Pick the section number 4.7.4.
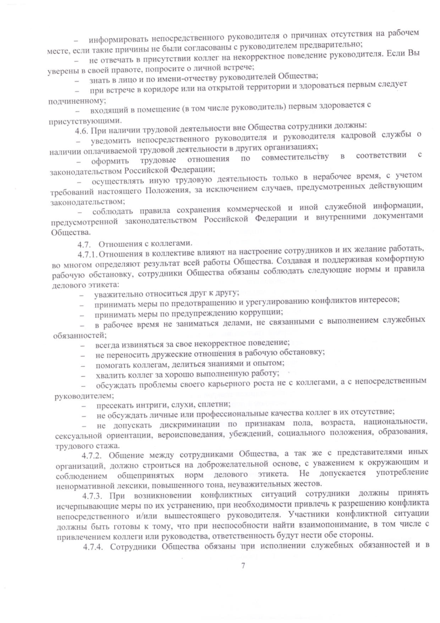93,547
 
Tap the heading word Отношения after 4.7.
124,244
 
